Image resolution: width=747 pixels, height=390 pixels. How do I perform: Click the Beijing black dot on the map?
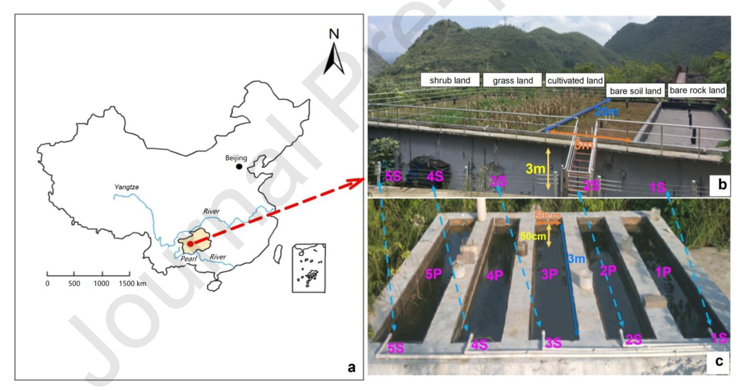point(239,167)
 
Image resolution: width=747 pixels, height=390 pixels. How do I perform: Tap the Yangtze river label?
point(126,187)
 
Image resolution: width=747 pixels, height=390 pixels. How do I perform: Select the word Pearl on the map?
point(189,259)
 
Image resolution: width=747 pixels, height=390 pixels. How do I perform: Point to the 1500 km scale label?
point(132,283)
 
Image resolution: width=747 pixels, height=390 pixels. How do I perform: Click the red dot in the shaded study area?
point(190,244)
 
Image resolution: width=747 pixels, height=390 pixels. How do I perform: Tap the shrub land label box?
point(450,80)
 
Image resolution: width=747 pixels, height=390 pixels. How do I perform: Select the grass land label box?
point(512,80)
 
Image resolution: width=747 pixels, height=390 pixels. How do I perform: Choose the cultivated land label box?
point(575,80)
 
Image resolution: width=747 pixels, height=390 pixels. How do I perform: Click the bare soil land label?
point(635,91)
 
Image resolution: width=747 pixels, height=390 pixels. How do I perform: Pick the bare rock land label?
point(697,91)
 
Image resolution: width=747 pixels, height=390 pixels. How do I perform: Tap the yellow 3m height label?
point(535,169)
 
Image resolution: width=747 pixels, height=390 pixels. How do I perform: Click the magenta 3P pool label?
point(549,274)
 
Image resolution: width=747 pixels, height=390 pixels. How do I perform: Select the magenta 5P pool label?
point(434,274)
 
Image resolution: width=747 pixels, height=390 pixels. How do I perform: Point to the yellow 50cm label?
point(533,236)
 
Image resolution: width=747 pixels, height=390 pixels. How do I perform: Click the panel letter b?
point(722,185)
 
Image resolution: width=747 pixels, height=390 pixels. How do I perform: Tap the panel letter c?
point(719,362)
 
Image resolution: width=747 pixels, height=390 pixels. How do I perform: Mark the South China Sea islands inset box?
point(308,268)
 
